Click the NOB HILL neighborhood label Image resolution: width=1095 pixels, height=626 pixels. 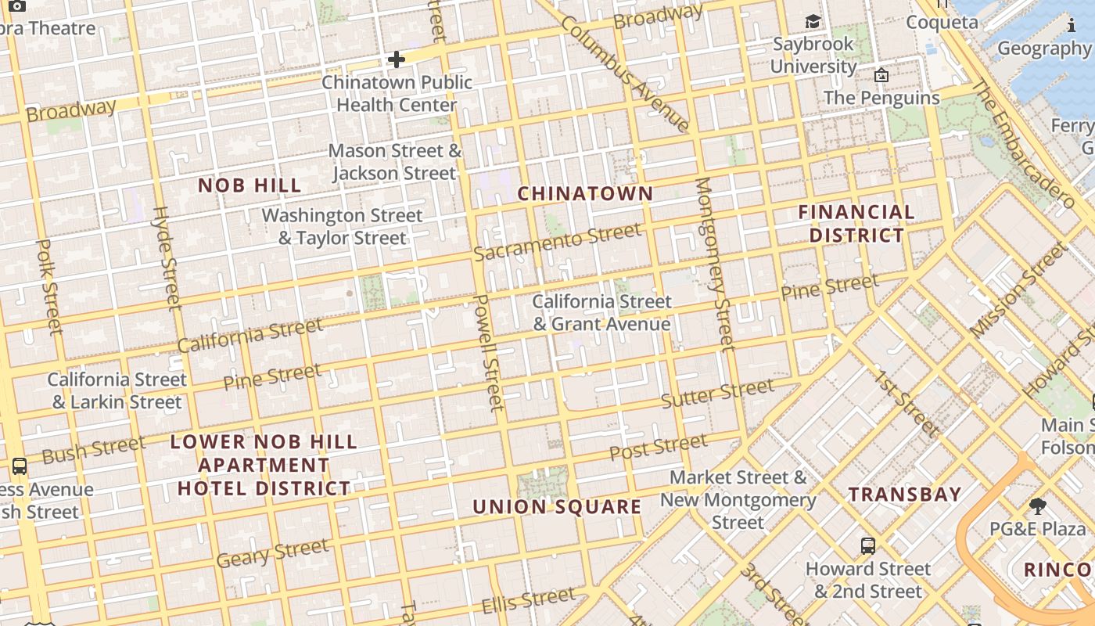[x=250, y=185]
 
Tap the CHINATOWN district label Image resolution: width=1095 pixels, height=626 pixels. [x=585, y=193]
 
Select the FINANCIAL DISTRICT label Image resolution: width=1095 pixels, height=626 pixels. [x=856, y=223]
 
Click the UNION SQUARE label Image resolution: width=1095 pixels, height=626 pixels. [x=557, y=506]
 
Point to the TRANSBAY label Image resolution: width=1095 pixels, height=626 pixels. [x=905, y=494]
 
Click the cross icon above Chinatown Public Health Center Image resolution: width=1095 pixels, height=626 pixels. [x=397, y=59]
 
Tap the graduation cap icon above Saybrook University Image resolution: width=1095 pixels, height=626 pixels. [x=813, y=21]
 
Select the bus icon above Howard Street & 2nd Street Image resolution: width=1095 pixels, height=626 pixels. [x=867, y=545]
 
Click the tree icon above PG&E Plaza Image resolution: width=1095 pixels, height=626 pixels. [x=1038, y=505]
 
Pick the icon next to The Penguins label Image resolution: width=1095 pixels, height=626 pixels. [x=881, y=75]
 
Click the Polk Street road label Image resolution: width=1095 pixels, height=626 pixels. [x=48, y=287]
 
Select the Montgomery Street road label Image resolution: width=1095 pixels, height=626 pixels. [x=715, y=263]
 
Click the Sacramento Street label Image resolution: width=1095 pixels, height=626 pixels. [x=557, y=243]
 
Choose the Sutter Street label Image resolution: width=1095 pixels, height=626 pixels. [x=717, y=394]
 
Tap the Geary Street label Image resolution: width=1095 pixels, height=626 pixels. [x=272, y=553]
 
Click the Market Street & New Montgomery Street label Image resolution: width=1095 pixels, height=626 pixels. [x=738, y=499]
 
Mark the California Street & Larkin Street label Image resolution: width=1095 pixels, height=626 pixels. [x=117, y=390]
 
